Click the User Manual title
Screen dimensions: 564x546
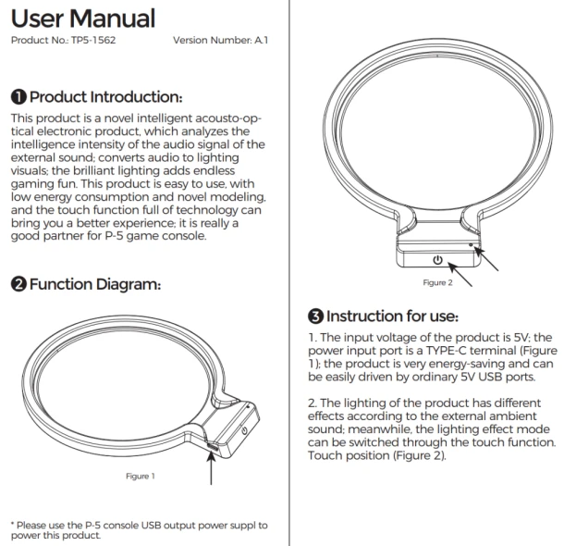pos(83,19)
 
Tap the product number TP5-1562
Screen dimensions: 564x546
pos(93,40)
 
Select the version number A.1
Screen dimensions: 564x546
pos(262,40)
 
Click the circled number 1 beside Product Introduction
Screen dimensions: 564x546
pos(18,97)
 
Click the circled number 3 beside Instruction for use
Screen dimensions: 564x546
pos(316,316)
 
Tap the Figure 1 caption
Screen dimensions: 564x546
pos(141,477)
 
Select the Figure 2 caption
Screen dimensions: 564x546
pos(437,282)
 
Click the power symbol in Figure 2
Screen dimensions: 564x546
pos(437,259)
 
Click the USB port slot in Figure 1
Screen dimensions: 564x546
pos(213,447)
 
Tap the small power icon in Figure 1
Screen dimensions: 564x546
pos(244,430)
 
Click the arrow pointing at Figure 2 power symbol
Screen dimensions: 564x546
pos(460,274)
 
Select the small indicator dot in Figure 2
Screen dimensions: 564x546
pos(471,244)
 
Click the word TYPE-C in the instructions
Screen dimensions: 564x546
pos(446,350)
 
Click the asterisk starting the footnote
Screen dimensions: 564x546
pos(13,525)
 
